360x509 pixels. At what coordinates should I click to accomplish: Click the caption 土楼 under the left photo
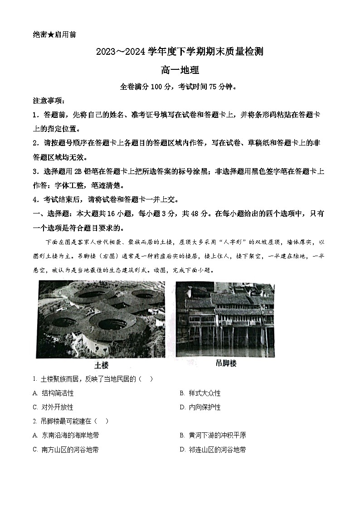[x=101, y=365]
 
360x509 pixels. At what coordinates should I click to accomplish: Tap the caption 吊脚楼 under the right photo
[x=226, y=364]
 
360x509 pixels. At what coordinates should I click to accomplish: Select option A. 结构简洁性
[x=54, y=393]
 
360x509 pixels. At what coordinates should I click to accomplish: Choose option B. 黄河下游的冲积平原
[x=213, y=435]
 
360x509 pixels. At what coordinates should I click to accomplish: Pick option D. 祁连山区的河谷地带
[x=213, y=450]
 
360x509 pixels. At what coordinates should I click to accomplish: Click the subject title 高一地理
[x=180, y=70]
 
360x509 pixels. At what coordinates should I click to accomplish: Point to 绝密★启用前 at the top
[x=54, y=35]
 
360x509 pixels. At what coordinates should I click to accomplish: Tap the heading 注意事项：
[x=49, y=100]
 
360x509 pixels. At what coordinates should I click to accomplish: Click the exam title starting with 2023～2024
[x=180, y=52]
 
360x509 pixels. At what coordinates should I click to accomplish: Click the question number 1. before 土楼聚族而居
[x=35, y=379]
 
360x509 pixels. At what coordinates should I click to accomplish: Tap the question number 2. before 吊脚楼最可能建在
[x=35, y=421]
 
